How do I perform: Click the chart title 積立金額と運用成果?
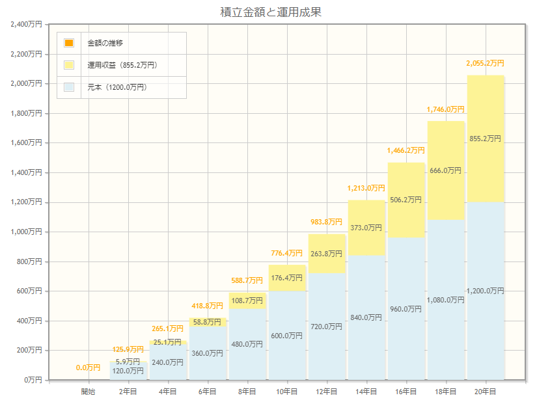pyautogui.click(x=271, y=12)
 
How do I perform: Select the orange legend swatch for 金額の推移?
pyautogui.click(x=69, y=43)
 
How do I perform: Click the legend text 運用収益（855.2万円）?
pyautogui.click(x=122, y=65)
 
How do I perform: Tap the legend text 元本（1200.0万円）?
pyautogui.click(x=117, y=87)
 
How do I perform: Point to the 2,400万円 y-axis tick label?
pyautogui.click(x=27, y=24)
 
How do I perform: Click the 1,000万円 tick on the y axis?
pyautogui.click(x=27, y=232)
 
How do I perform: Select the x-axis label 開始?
pyautogui.click(x=88, y=391)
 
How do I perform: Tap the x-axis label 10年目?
pyautogui.click(x=287, y=391)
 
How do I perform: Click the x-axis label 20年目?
pyautogui.click(x=486, y=391)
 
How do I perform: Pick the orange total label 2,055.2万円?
pyautogui.click(x=485, y=63)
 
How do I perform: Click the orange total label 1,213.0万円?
pyautogui.click(x=366, y=188)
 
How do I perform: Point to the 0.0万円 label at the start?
pyautogui.click(x=88, y=368)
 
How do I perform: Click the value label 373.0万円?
pyautogui.click(x=366, y=228)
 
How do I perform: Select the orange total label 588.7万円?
pyautogui.click(x=247, y=280)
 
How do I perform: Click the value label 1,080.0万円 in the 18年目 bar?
pyautogui.click(x=446, y=300)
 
